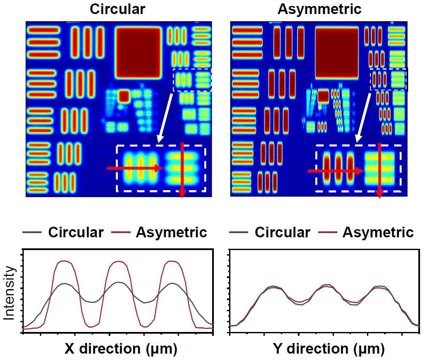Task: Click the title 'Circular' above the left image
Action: click(x=118, y=9)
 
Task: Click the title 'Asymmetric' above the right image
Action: click(x=319, y=9)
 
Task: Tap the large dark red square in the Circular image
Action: click(x=138, y=53)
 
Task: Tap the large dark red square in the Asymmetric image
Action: click(x=337, y=53)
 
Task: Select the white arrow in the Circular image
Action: click(x=165, y=118)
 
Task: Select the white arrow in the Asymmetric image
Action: click(x=363, y=118)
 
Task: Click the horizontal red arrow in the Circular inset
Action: click(x=135, y=168)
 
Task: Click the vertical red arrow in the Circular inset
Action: click(x=182, y=170)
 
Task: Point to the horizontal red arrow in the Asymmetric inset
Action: click(x=336, y=171)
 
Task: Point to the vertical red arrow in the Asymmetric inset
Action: click(x=380, y=171)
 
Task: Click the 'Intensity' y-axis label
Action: click(x=9, y=293)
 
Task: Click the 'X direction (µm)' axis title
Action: click(x=121, y=349)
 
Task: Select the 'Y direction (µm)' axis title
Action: click(x=328, y=349)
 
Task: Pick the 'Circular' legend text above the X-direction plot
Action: click(x=76, y=232)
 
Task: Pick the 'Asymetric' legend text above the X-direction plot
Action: click(x=171, y=233)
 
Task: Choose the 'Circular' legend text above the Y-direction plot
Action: click(x=283, y=232)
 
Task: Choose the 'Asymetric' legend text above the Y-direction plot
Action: click(x=378, y=233)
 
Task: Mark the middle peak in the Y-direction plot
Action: click(x=327, y=285)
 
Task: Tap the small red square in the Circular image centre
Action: click(x=124, y=96)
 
